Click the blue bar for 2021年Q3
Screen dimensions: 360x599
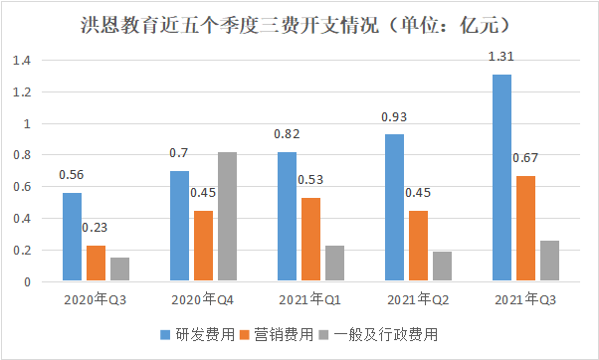point(502,178)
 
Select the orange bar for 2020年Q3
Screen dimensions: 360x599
point(96,264)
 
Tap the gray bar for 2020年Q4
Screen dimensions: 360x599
point(227,217)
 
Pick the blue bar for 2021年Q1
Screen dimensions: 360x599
point(288,217)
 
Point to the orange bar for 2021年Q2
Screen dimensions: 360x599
point(418,247)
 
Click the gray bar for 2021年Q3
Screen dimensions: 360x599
point(550,262)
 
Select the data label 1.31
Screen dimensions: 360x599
point(501,58)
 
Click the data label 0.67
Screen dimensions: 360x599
point(526,160)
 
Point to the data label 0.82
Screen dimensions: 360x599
point(287,135)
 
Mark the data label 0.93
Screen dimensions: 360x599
point(395,118)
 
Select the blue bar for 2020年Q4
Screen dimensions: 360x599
point(179,227)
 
